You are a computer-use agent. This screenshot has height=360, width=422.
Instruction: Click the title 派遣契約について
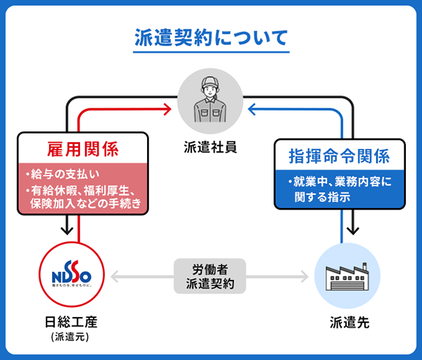coord(211,38)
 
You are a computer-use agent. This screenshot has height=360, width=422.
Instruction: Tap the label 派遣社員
coord(211,147)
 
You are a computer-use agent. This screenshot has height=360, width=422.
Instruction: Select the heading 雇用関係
coord(82,149)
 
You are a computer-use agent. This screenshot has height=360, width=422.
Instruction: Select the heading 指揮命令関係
coord(339,155)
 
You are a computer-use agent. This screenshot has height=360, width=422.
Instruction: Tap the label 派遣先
coord(349,323)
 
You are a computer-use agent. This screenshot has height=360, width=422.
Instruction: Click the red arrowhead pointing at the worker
coord(167,109)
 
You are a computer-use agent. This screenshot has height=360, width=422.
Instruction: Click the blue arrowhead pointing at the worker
coord(255,109)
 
